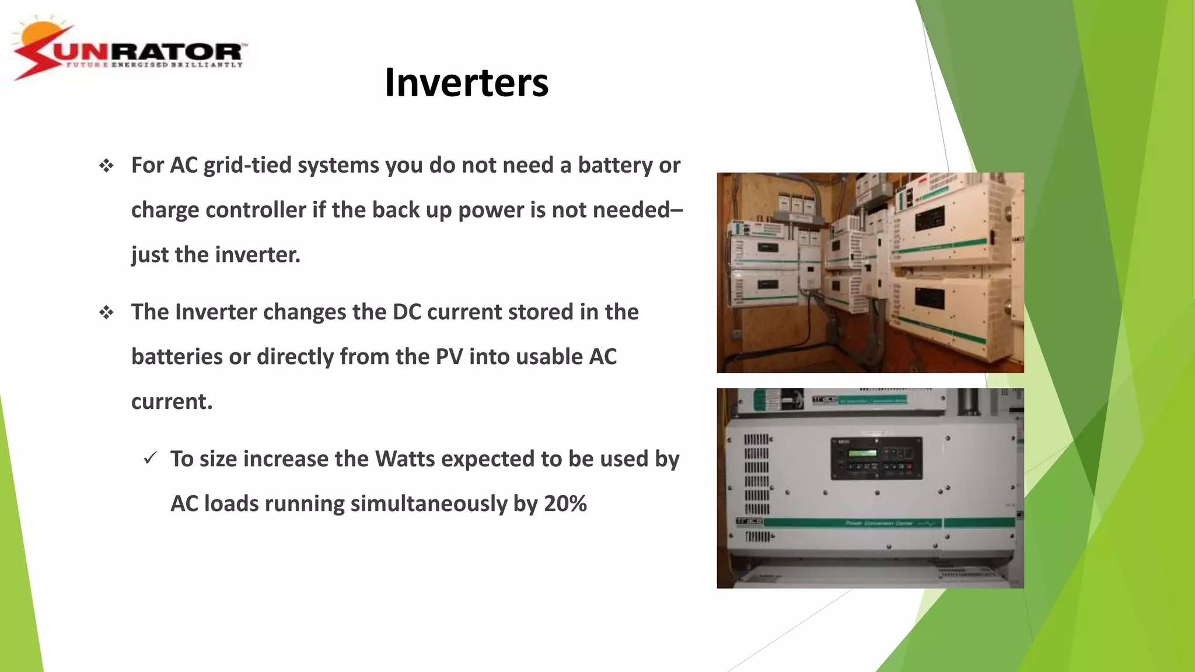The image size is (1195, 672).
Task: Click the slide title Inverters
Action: [x=466, y=83]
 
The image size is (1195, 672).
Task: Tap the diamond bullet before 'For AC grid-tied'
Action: [x=106, y=166]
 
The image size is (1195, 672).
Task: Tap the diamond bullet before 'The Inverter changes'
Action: [x=106, y=313]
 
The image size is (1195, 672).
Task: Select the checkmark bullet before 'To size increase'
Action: [x=151, y=459]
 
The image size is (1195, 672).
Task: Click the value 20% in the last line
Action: [x=565, y=504]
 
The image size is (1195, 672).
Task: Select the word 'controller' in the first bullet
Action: [x=256, y=210]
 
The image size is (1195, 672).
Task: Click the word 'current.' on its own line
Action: [x=172, y=402]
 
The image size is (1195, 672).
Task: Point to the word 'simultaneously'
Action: [x=429, y=504]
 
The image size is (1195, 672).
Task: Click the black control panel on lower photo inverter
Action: [x=876, y=459]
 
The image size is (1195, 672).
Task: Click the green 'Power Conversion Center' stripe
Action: [x=875, y=523]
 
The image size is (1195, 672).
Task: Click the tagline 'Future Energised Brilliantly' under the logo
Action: [x=154, y=65]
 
